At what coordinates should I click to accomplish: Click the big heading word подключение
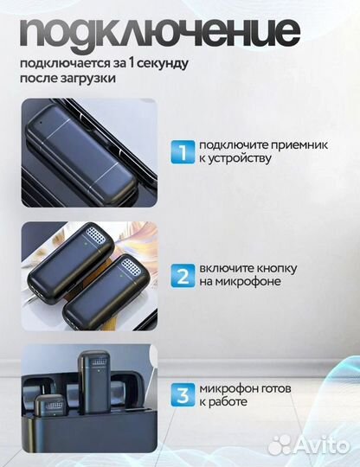pyautogui.click(x=160, y=32)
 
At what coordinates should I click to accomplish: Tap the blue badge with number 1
pyautogui.click(x=182, y=151)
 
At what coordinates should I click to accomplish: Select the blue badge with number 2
pyautogui.click(x=182, y=276)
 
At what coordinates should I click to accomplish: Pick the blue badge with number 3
pyautogui.click(x=182, y=395)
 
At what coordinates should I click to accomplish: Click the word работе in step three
pyautogui.click(x=228, y=402)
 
